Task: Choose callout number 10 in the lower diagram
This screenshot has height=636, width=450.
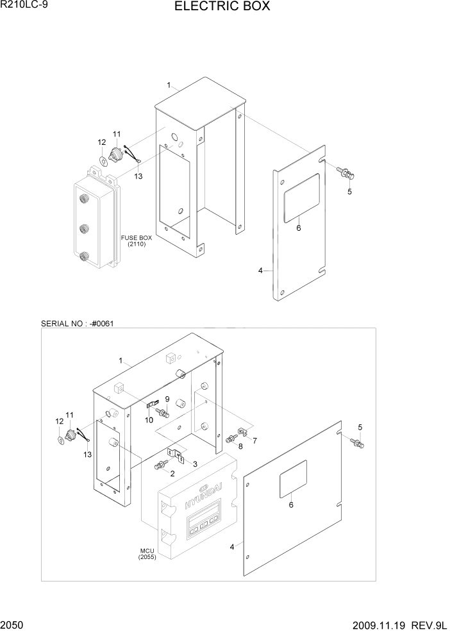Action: (x=148, y=421)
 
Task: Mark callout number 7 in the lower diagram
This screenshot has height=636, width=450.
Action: (x=254, y=440)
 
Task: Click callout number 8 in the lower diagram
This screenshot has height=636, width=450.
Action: (x=240, y=446)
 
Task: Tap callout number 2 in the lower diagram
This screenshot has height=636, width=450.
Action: (x=172, y=473)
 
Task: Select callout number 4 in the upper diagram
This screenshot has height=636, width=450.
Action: (x=260, y=271)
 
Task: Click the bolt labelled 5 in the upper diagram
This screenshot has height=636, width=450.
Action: (x=346, y=172)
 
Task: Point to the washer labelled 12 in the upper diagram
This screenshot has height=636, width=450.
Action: (x=104, y=159)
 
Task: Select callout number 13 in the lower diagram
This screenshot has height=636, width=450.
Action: (x=87, y=454)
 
